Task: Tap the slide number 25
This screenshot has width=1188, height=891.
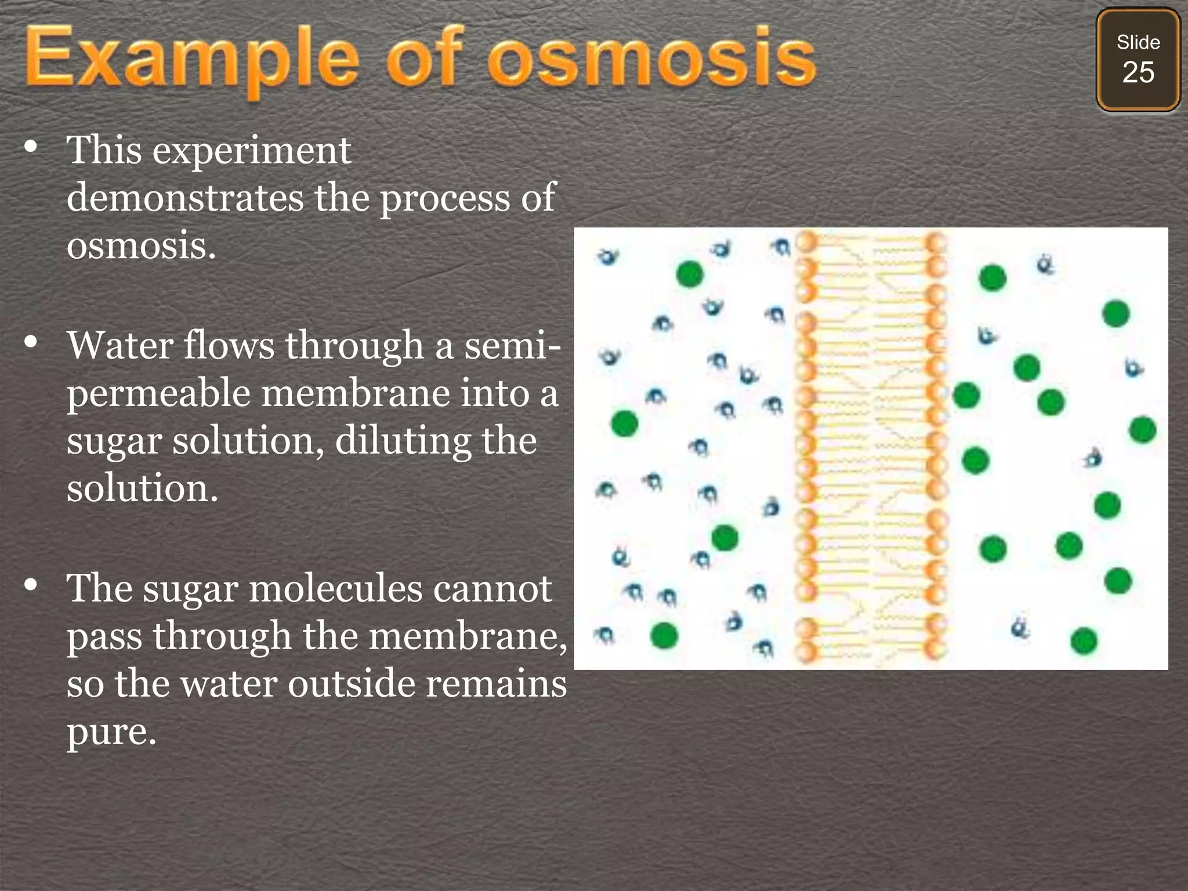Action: pos(1138,73)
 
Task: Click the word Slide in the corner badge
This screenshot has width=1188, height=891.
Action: pos(1138,42)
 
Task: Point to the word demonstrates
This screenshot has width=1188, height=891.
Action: pos(185,198)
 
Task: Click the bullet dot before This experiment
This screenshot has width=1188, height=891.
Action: pos(31,147)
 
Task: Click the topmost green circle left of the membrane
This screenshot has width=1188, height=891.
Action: pos(690,274)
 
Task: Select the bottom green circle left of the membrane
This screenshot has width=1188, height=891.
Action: pos(664,635)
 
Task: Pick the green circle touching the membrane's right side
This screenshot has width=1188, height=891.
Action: pos(966,396)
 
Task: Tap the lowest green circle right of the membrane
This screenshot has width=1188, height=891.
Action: pos(1084,641)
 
